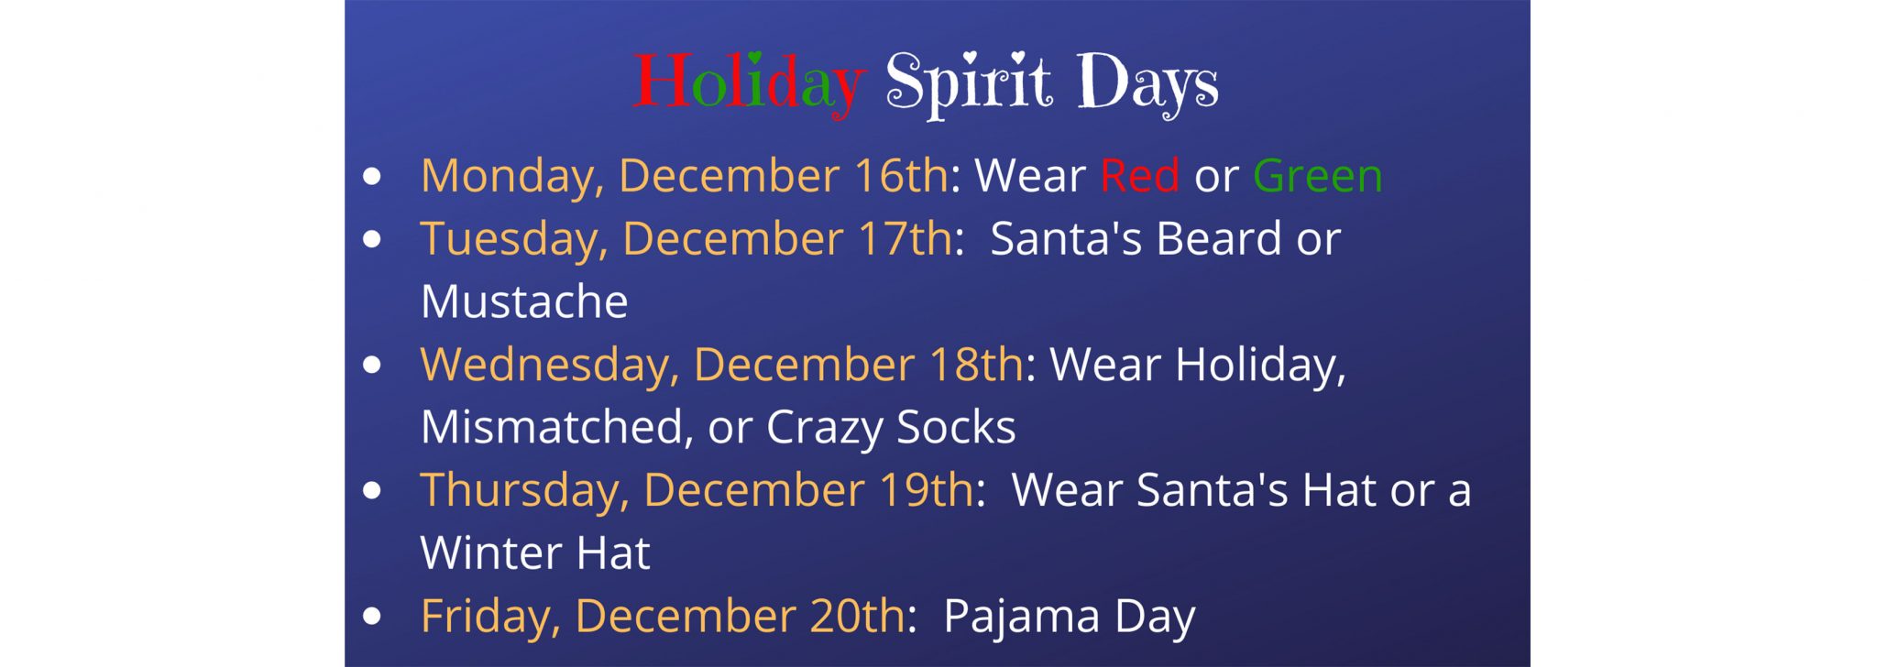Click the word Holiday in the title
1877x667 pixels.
pos(749,83)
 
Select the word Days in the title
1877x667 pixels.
pos(1147,84)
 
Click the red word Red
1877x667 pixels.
pos(1139,175)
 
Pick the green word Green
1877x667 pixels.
pos(1317,175)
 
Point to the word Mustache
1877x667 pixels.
pos(524,301)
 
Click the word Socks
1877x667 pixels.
pos(956,427)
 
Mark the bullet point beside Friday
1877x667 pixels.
pos(371,617)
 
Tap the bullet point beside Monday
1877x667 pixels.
pos(371,176)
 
